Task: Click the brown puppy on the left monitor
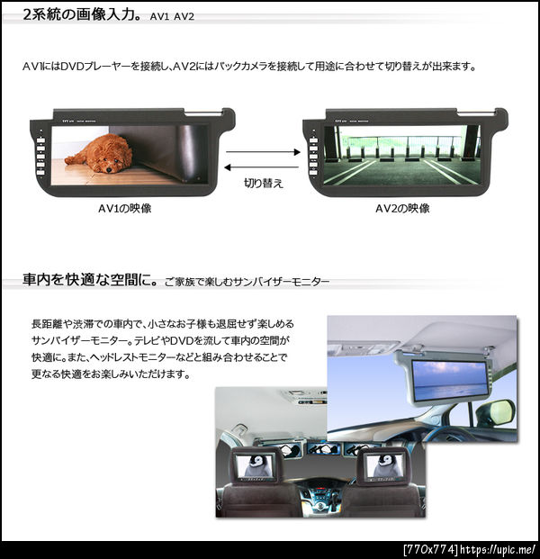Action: click(x=98, y=153)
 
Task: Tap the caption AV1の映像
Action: click(x=125, y=208)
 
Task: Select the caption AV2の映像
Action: click(x=402, y=208)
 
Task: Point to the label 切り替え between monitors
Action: click(x=264, y=183)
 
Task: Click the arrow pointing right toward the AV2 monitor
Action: click(x=263, y=152)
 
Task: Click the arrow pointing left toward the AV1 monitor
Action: click(x=262, y=167)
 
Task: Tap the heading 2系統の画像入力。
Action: click(x=82, y=14)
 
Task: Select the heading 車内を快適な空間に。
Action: click(x=90, y=280)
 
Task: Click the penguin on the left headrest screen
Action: click(x=256, y=465)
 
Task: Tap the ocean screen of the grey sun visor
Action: click(x=450, y=380)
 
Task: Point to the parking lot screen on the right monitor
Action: click(x=401, y=155)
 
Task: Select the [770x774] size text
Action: click(x=430, y=549)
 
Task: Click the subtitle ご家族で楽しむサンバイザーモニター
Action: click(x=247, y=282)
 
